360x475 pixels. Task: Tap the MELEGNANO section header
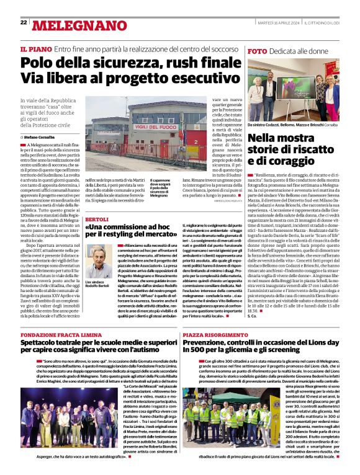[71, 25]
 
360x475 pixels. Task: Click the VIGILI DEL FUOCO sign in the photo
[151, 127]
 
